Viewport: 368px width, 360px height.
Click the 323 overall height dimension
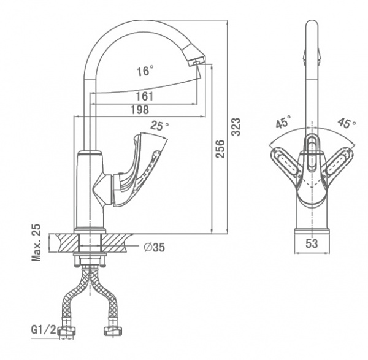(x=236, y=126)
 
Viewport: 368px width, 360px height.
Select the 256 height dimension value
(x=221, y=148)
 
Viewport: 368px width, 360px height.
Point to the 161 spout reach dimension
(x=145, y=96)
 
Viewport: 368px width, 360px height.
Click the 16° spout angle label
(x=145, y=71)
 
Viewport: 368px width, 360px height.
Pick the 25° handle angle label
(x=159, y=126)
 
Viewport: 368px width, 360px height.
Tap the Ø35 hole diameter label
(x=155, y=248)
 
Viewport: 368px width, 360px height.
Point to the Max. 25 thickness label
(x=37, y=243)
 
